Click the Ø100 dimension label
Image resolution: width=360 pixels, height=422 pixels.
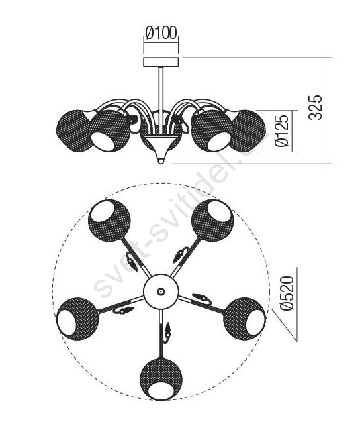[x=161, y=33]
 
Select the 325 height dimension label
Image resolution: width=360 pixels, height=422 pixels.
[x=315, y=107]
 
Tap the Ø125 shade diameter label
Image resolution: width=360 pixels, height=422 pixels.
[x=282, y=131]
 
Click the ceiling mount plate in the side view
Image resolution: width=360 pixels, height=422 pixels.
[x=161, y=62]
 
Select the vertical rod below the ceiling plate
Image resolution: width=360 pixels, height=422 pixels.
[x=161, y=101]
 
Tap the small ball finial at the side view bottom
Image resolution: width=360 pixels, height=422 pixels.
[x=161, y=161]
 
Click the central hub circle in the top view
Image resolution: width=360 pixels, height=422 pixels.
[x=161, y=291]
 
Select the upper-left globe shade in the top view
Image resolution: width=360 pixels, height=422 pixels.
[x=109, y=221]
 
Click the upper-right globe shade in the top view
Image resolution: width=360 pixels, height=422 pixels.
[x=212, y=221]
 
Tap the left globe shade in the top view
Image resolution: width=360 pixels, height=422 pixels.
[x=77, y=319]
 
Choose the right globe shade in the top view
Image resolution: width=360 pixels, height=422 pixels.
[x=244, y=319]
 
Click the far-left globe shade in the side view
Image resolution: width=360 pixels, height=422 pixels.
[x=74, y=131]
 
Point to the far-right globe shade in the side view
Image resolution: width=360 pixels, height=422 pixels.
[x=249, y=131]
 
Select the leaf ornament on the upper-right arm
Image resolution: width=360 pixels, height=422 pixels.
[x=180, y=254]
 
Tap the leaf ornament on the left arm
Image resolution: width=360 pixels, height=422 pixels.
[x=124, y=311]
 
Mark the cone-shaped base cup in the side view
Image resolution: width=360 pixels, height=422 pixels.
[x=161, y=146]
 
